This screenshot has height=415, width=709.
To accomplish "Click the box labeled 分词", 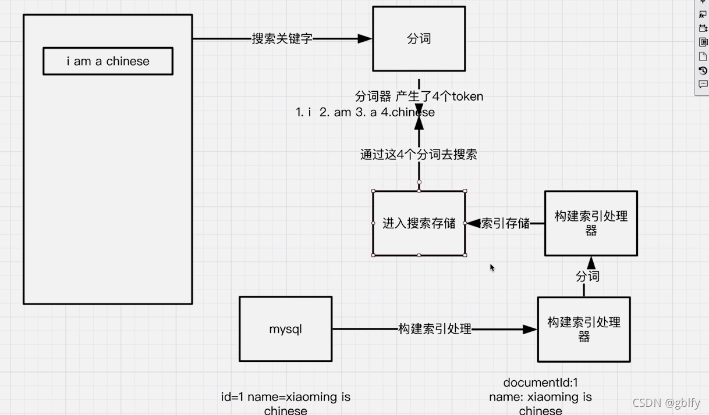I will click(x=419, y=39).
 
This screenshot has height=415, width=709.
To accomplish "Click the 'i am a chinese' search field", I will click(x=108, y=62).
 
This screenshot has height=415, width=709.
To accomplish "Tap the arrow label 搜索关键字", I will click(x=282, y=39).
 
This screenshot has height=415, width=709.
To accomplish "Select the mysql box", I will click(x=285, y=329).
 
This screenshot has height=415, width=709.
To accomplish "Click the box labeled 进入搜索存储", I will click(x=419, y=223).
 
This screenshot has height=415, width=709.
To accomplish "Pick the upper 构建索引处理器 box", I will click(x=591, y=223).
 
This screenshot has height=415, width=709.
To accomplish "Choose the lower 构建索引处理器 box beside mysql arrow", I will click(x=584, y=329).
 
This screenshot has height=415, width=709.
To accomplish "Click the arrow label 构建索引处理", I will click(x=434, y=329).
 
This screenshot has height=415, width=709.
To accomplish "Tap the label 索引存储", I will click(x=505, y=223).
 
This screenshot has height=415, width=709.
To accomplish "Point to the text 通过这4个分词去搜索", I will click(x=419, y=155).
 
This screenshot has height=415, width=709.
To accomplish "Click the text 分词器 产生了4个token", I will click(x=419, y=96).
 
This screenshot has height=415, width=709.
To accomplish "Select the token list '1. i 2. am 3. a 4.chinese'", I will click(x=365, y=112).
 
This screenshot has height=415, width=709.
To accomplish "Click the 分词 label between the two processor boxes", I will click(x=587, y=276).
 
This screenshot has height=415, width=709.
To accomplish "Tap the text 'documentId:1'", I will click(x=540, y=383).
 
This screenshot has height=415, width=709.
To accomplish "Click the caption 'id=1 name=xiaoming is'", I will click(x=285, y=398).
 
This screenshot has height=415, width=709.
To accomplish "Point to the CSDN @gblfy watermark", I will click(x=666, y=403).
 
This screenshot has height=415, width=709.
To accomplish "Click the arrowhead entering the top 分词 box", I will click(x=365, y=39).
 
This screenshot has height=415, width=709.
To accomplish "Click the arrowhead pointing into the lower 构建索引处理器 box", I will click(x=529, y=330).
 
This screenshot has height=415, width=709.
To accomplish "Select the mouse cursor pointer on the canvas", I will click(x=492, y=267).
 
